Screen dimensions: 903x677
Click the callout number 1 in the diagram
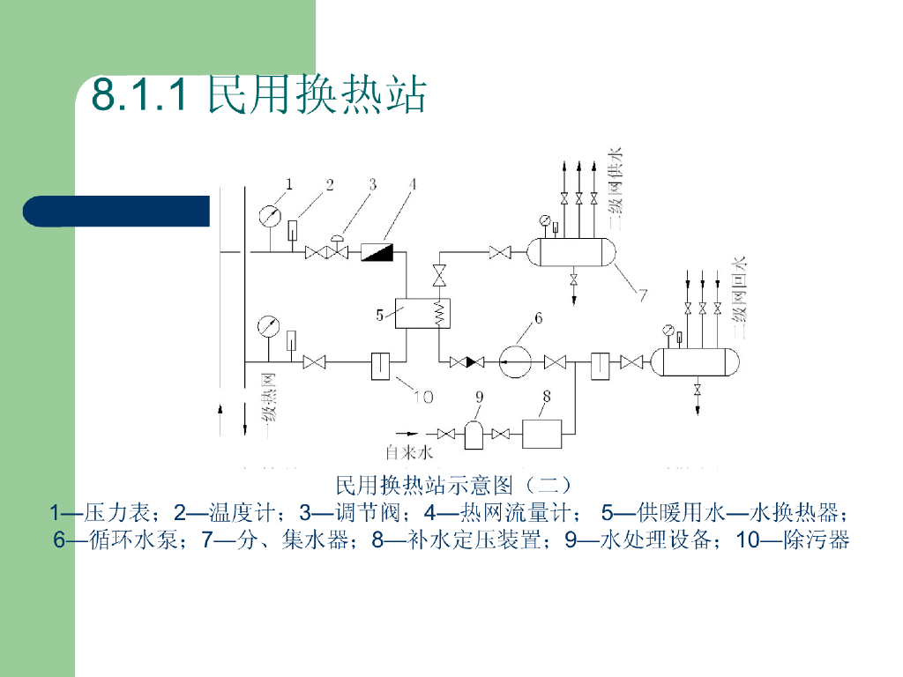tap(287, 183)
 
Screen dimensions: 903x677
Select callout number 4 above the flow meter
tap(412, 183)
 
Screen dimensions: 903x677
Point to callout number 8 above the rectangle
tap(546, 398)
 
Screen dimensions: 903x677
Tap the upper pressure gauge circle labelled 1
tap(271, 215)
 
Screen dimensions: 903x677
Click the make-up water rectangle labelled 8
tap(548, 433)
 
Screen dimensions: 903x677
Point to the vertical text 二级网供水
tap(616, 190)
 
